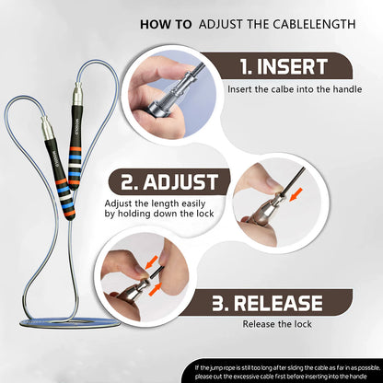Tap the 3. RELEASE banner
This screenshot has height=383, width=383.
click(x=281, y=302)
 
